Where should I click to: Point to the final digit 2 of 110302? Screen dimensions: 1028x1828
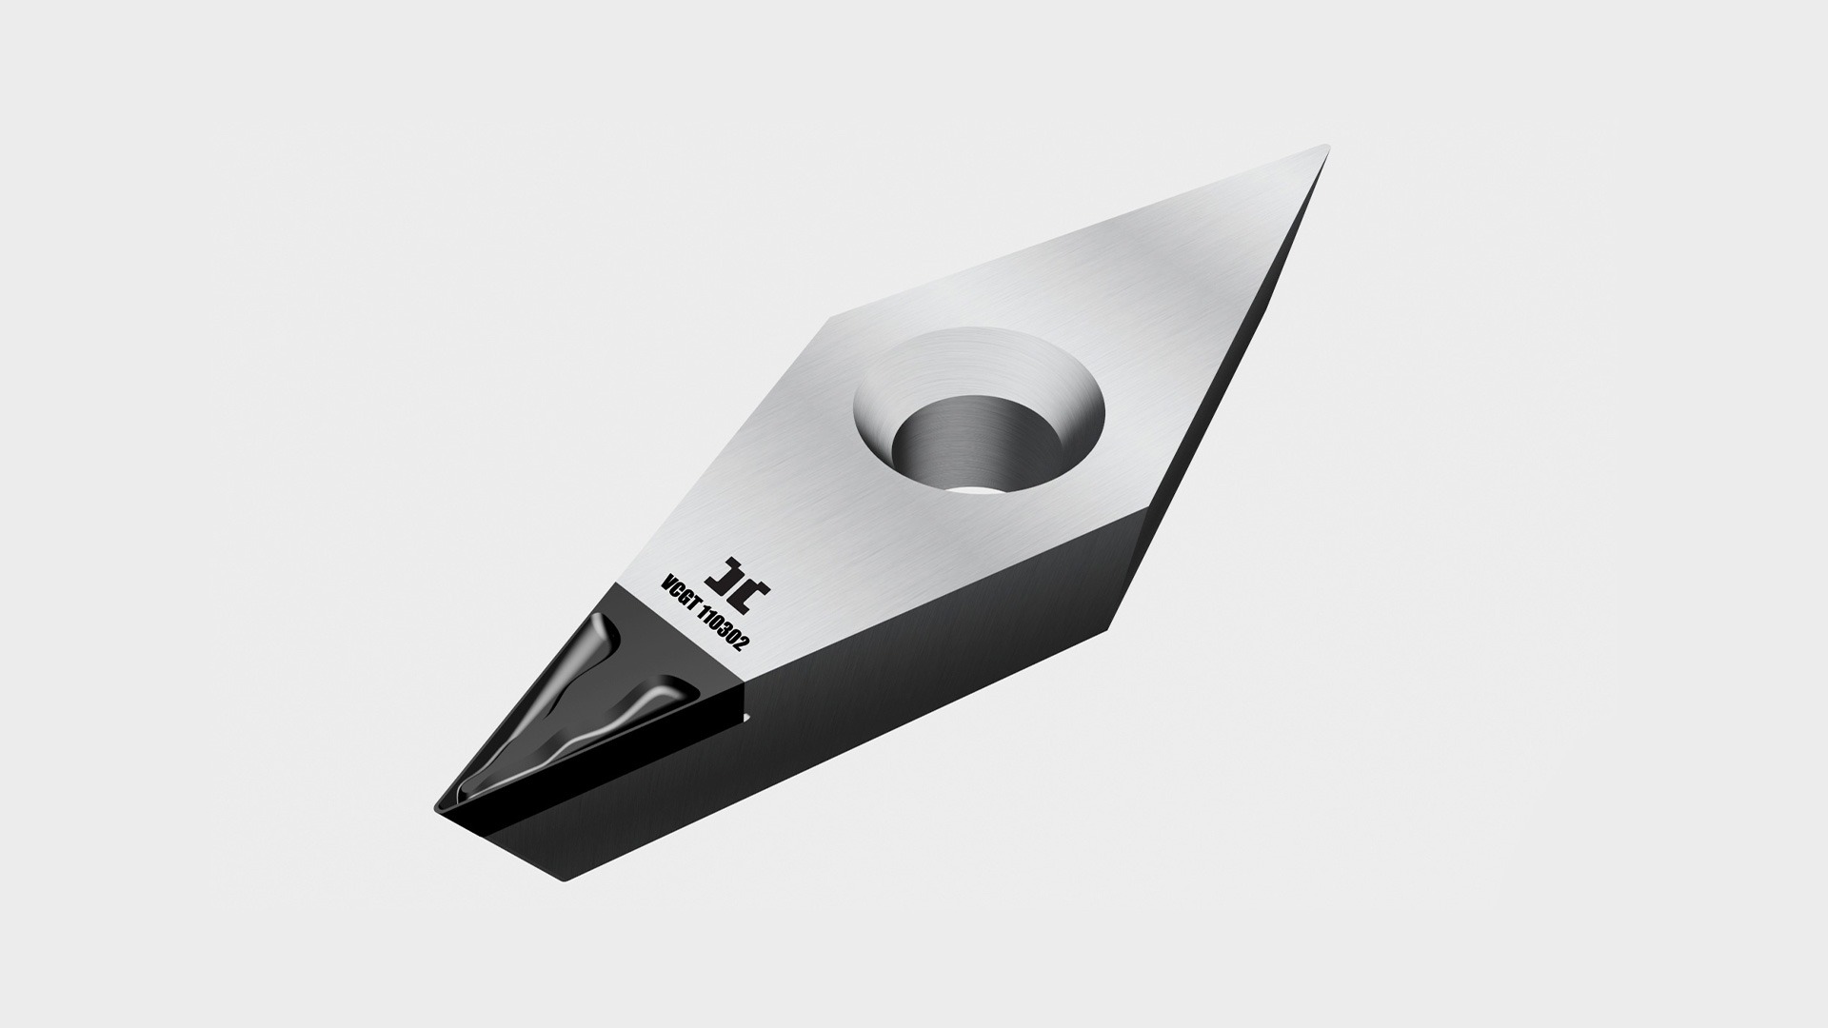(745, 644)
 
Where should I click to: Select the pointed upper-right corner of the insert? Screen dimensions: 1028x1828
(1324, 148)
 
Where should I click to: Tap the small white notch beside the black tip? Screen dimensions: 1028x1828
(746, 716)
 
